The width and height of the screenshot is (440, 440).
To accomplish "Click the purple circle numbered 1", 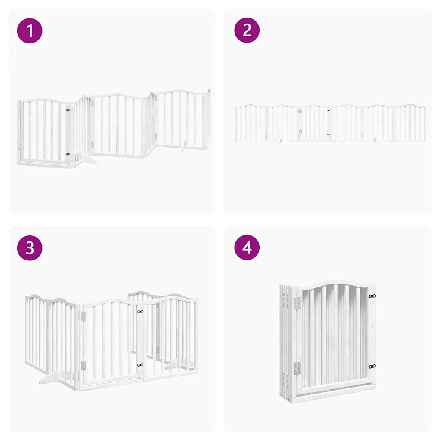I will tap(30, 31).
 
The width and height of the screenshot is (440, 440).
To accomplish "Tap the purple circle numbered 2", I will tap(247, 31).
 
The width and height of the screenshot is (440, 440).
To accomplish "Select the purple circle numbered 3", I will tap(30, 248).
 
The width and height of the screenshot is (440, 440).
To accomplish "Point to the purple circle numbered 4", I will tap(247, 248).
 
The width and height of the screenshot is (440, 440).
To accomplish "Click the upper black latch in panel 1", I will tap(68, 110).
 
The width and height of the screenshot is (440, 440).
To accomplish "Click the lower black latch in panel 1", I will tap(68, 154).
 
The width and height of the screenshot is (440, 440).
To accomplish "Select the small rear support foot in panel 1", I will tap(183, 148).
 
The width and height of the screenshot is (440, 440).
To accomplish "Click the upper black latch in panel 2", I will tap(328, 111).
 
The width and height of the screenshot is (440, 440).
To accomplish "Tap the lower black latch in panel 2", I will tap(328, 134).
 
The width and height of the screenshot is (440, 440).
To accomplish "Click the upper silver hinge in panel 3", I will tap(83, 317).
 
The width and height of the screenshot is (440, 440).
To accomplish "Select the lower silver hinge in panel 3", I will tap(83, 365).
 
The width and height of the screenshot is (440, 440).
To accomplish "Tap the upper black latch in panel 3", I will tap(140, 312).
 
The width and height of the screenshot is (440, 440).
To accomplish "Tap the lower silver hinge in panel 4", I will tap(297, 368).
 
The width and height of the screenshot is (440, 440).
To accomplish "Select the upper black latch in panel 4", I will tap(372, 296).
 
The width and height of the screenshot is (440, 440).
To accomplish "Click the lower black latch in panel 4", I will tap(372, 367).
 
